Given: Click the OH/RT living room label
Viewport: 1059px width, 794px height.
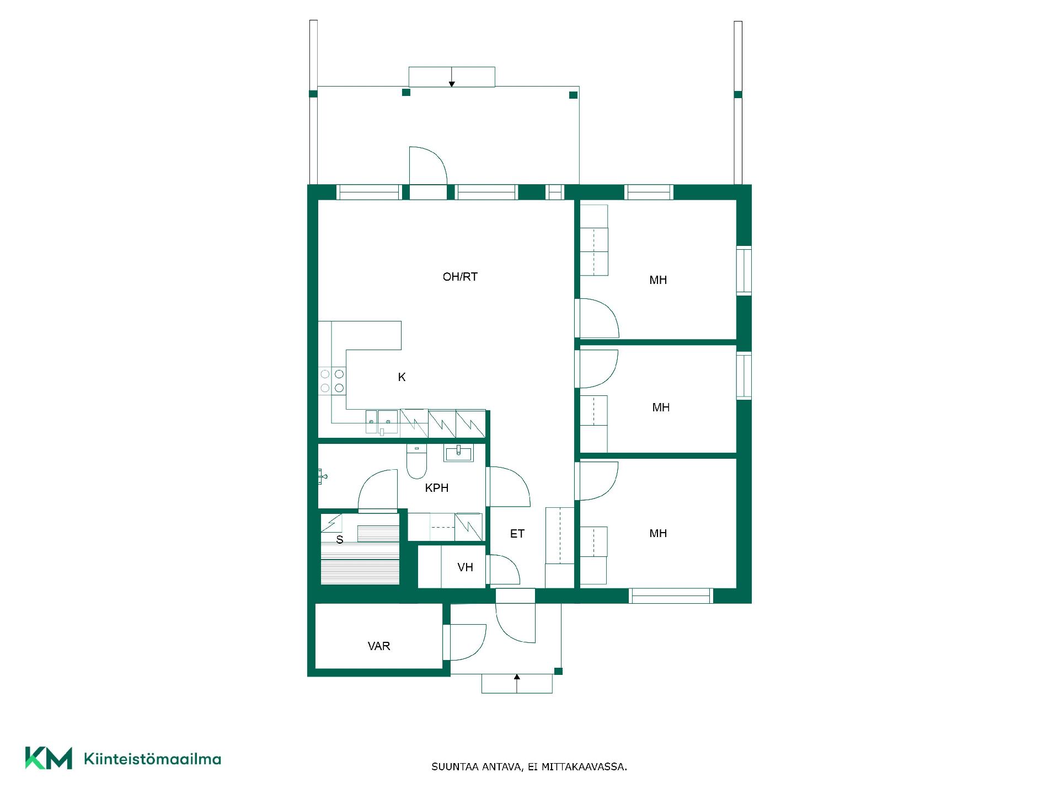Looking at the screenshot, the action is pyautogui.click(x=460, y=277).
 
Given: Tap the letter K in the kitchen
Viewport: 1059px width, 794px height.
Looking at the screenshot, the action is pyautogui.click(x=402, y=377).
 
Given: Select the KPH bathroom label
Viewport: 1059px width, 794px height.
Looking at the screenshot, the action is pyautogui.click(x=436, y=488).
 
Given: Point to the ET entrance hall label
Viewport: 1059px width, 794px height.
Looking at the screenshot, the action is pyautogui.click(x=517, y=534).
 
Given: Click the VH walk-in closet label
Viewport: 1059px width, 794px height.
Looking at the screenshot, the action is pyautogui.click(x=465, y=567).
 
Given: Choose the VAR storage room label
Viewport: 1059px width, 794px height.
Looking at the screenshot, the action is pyautogui.click(x=379, y=646).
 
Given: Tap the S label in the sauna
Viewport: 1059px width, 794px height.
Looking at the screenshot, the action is pyautogui.click(x=340, y=540).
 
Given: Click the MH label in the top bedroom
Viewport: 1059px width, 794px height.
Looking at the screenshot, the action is pyautogui.click(x=658, y=280).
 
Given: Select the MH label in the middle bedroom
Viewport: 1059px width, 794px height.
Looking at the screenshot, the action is pyautogui.click(x=661, y=407).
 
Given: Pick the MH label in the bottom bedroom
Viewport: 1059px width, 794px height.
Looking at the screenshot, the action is pyautogui.click(x=658, y=533).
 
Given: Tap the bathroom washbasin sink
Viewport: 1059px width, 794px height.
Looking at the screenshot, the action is pyautogui.click(x=458, y=453).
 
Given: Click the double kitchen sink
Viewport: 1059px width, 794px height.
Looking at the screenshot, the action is pyautogui.click(x=382, y=422).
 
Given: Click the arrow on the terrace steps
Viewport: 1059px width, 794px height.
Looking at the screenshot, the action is pyautogui.click(x=452, y=77).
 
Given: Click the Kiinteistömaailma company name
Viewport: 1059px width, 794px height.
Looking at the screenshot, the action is pyautogui.click(x=152, y=759).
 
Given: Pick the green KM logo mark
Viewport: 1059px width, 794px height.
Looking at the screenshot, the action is pyautogui.click(x=49, y=758).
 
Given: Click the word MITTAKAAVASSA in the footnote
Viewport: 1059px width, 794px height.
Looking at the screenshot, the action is pyautogui.click(x=584, y=767).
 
